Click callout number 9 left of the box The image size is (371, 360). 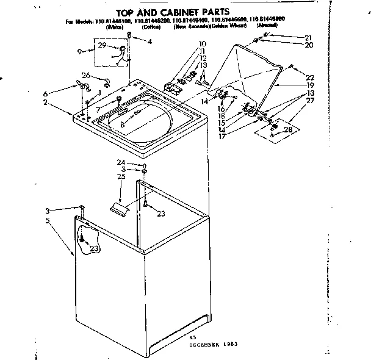[x=81, y=52]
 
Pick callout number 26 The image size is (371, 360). [x=86, y=76]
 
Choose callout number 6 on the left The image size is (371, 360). [x=45, y=93]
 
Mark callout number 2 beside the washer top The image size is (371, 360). [x=45, y=103]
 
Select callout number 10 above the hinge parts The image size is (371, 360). [x=202, y=44]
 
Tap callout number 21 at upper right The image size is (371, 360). [x=308, y=38]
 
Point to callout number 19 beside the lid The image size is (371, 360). [x=310, y=85]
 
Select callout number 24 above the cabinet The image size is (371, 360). [x=139, y=162]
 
